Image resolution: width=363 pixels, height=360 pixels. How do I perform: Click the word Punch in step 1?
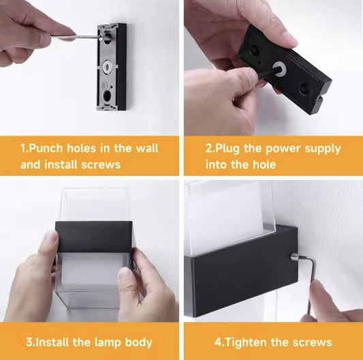point(46,149)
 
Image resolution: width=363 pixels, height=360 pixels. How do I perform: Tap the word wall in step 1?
point(147,148)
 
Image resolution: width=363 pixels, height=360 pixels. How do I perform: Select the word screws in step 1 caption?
point(101,165)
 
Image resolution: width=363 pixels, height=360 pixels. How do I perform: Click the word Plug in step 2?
point(227,149)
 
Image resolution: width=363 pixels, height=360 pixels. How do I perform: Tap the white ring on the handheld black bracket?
point(279,68)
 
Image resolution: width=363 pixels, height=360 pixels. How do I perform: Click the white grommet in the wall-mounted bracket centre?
point(108,67)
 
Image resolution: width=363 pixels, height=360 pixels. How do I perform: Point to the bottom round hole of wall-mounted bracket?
point(107,95)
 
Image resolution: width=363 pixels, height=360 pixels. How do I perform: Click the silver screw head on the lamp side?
point(294,256)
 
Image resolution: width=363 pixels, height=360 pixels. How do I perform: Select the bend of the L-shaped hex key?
point(313,260)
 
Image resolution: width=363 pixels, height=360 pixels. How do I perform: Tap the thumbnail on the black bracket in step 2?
point(289,37)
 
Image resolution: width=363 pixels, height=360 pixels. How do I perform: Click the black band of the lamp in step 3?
point(94,237)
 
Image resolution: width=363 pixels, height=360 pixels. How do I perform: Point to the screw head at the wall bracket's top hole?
point(102,37)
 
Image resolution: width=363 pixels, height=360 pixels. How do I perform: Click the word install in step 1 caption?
point(61,164)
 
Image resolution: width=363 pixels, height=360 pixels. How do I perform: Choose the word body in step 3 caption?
point(139,343)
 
